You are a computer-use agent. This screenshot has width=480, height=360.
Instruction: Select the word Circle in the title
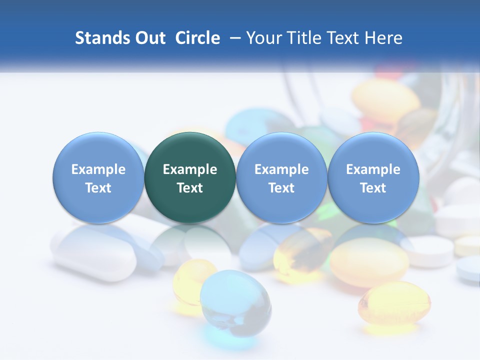coord(197,38)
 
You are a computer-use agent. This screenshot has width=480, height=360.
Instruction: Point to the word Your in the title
coord(262,38)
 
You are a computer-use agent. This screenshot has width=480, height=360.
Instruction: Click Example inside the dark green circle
coord(190,169)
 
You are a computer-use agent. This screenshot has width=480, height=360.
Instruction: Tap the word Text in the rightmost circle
coord(373,188)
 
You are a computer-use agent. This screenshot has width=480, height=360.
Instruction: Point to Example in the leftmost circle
coord(98,169)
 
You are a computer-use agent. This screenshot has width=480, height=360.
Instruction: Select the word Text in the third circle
coord(281,188)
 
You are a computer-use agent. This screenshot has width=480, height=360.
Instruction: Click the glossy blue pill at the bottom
coord(235,299)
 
